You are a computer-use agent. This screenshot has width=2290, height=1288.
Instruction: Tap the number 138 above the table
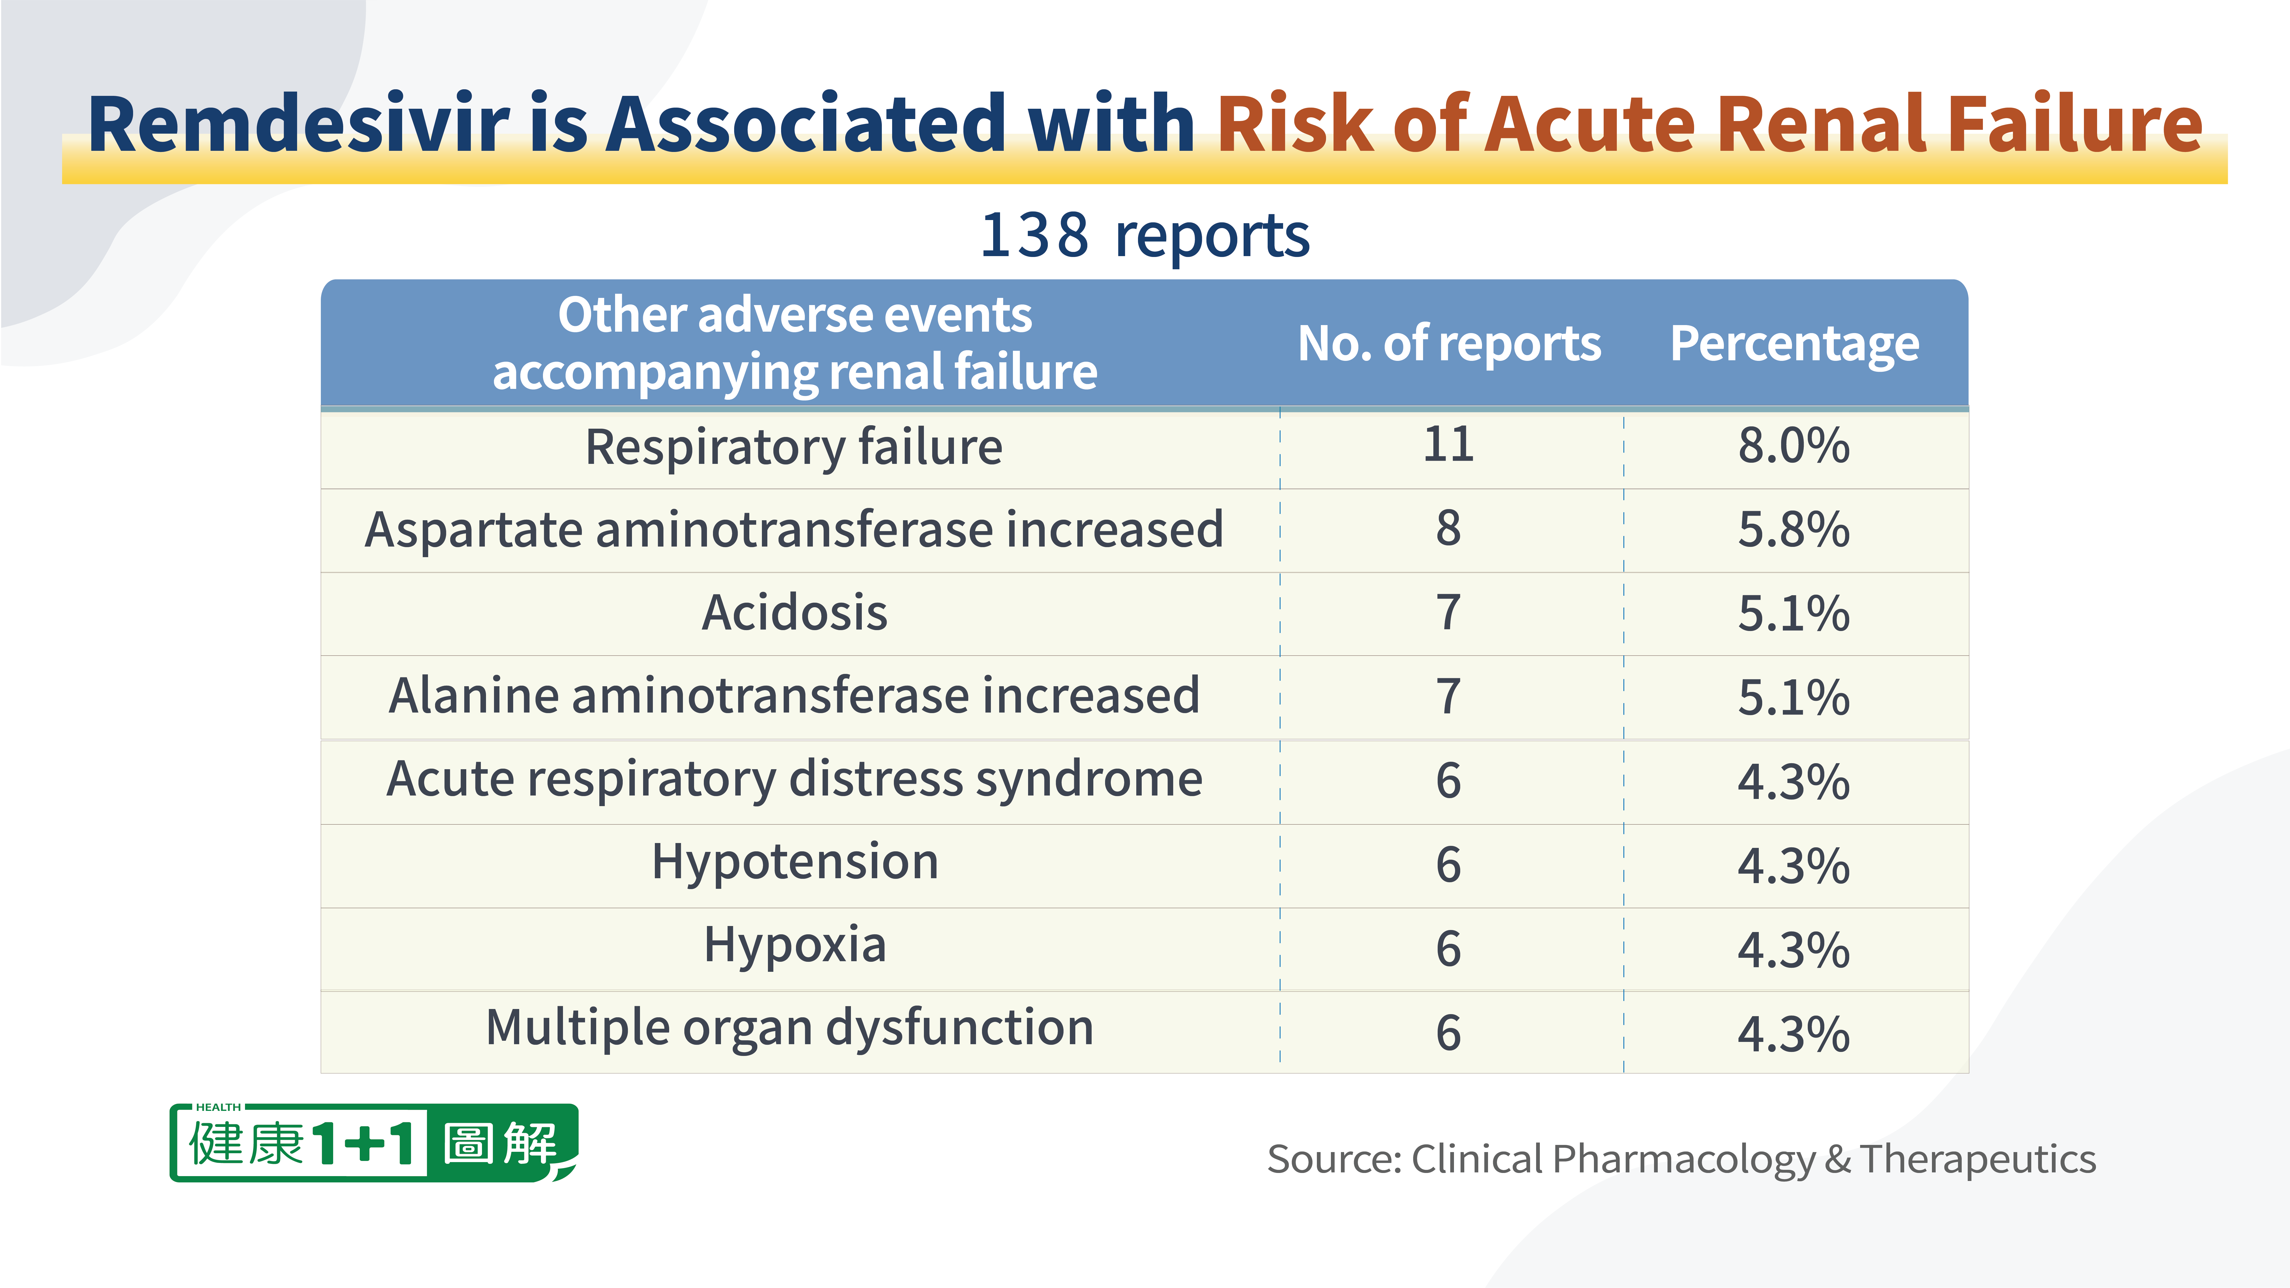tap(1034, 236)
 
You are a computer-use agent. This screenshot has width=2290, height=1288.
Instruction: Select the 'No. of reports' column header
tap(1449, 344)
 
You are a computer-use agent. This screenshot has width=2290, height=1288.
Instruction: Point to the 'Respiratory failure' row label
tap(794, 447)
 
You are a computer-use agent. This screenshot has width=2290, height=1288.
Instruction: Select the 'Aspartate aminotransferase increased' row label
tap(794, 530)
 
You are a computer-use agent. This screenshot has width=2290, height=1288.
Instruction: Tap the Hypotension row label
tap(795, 862)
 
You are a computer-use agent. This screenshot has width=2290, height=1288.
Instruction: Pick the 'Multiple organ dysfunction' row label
tap(789, 1028)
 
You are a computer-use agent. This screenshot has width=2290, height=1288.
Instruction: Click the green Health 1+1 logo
tap(374, 1143)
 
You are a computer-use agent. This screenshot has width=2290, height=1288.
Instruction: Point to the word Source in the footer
tap(1333, 1159)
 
